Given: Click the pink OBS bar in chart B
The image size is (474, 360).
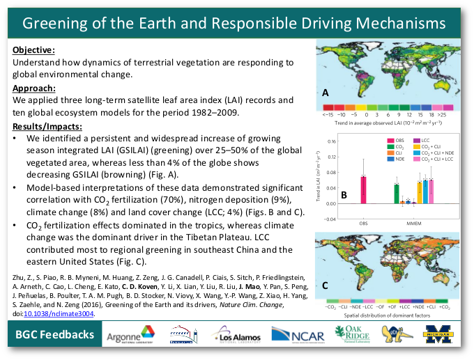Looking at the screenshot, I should [x=363, y=189].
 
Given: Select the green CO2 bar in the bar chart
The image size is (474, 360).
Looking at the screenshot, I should [x=397, y=194].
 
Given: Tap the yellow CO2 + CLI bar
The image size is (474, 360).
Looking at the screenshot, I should [x=419, y=192].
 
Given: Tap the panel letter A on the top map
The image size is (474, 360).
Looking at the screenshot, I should [x=325, y=93].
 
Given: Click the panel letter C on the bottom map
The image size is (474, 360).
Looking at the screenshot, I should [x=325, y=285].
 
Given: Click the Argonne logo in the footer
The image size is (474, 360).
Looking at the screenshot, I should [x=130, y=336].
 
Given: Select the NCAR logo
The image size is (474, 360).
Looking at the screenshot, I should [x=297, y=336].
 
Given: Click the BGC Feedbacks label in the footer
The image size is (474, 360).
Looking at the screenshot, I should [x=55, y=336].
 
